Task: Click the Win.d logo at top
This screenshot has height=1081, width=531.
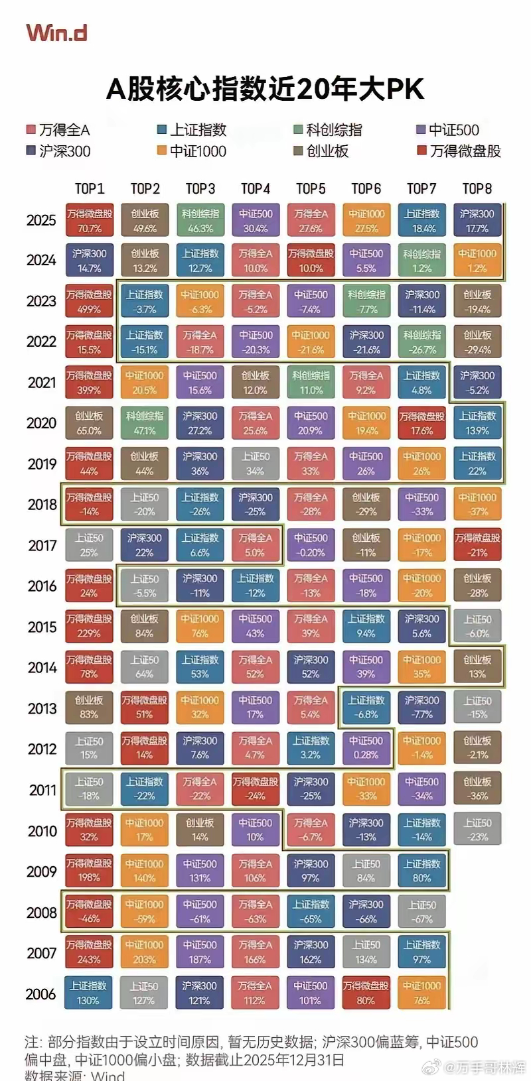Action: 56,32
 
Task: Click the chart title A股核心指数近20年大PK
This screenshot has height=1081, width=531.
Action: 265,89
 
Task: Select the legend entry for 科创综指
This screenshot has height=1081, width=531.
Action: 328,130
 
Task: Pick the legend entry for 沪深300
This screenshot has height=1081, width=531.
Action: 58,151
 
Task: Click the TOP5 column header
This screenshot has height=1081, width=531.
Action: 311,189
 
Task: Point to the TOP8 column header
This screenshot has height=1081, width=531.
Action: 477,189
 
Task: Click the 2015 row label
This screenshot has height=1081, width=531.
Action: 42,627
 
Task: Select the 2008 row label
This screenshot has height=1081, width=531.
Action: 42,913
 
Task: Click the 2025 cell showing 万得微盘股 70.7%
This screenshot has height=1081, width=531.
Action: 90,221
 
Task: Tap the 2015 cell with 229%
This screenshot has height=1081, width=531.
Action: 90,627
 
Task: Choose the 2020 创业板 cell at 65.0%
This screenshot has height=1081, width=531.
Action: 90,423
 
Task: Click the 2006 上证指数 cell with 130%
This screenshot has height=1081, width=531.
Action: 88,993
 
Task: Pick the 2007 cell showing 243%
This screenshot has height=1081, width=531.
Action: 90,952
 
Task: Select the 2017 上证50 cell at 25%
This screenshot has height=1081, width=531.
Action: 90,545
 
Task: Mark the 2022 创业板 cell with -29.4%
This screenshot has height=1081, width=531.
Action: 477,342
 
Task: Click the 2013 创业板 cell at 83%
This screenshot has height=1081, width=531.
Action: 90,708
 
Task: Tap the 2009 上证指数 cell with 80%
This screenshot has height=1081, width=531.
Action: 422,871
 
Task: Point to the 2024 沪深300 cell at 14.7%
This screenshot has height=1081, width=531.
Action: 90,261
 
